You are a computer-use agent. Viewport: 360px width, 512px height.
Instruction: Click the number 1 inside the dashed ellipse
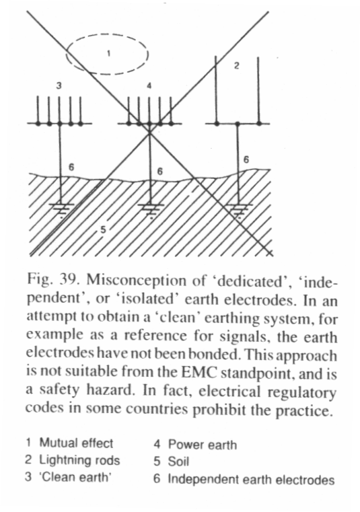109,53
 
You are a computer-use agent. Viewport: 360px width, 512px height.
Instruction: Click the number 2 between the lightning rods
237,66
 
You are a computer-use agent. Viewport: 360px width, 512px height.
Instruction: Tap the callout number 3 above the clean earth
59,86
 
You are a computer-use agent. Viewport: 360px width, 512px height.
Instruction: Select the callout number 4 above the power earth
149,86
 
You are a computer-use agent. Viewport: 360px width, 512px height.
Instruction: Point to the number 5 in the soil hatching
103,230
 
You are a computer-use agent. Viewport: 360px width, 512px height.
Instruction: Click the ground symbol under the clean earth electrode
61,209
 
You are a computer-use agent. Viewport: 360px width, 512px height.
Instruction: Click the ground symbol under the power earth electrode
150,210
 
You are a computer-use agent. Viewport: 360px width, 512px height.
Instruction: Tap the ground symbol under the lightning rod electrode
238,210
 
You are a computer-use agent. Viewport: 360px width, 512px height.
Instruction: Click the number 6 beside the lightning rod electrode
246,159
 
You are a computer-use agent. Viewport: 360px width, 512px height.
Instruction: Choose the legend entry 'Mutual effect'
76,443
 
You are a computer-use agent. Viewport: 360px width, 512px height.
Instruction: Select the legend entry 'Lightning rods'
79,460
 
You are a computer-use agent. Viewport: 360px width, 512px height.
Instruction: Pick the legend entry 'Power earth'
203,445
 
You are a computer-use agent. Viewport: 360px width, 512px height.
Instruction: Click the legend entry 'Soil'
178,462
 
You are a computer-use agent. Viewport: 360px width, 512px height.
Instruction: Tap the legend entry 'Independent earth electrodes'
251,480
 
